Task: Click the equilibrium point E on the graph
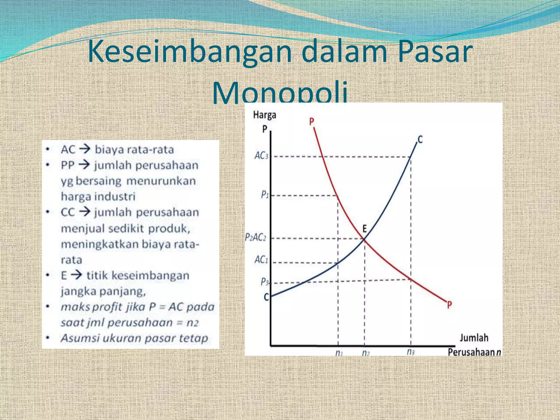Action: click(x=364, y=239)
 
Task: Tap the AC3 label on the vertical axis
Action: click(x=261, y=156)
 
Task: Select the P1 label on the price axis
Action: click(x=265, y=195)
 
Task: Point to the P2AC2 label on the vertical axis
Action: click(x=255, y=237)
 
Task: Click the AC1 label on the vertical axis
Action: click(x=261, y=259)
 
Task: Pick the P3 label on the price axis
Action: click(x=265, y=282)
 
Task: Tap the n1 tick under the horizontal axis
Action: click(x=339, y=353)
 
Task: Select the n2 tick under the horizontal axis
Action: click(x=366, y=353)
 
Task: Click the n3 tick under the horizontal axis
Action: click(x=411, y=352)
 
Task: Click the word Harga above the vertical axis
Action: click(x=264, y=115)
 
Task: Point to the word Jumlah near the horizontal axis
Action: click(x=474, y=338)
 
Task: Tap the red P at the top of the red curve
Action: click(x=312, y=121)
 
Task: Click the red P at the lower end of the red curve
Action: click(x=449, y=305)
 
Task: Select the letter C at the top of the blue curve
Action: click(x=420, y=139)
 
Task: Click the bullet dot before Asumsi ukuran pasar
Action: click(x=48, y=338)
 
